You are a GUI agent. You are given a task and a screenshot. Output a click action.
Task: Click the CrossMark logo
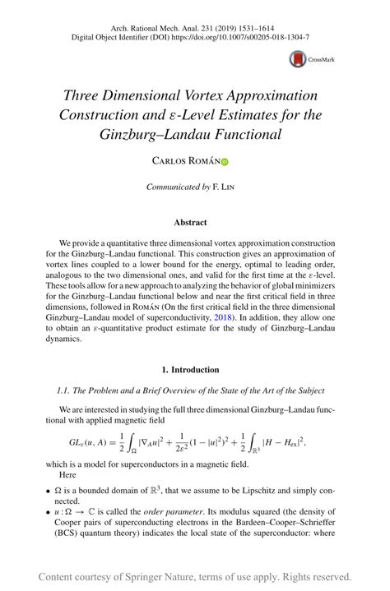point(306,59)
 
